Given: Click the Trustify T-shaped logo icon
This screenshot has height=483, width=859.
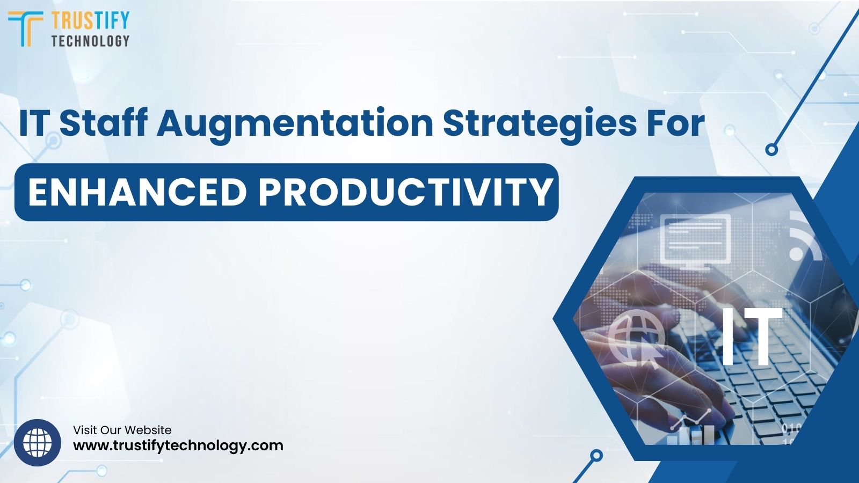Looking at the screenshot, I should (x=25, y=28).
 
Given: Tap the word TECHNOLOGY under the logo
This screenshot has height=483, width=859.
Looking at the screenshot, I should (x=90, y=41).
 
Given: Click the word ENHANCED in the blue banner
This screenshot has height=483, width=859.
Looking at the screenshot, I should (x=137, y=192).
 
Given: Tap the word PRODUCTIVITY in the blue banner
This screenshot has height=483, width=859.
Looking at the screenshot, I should (x=405, y=192).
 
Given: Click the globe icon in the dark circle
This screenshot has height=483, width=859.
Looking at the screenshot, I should (x=38, y=443).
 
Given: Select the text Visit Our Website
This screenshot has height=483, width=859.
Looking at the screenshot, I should (x=122, y=430).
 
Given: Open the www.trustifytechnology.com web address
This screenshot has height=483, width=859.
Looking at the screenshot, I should (x=178, y=445).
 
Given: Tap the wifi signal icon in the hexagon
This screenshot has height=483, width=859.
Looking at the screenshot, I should (x=804, y=236).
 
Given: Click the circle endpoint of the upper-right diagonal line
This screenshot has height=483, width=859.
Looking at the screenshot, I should (x=771, y=150).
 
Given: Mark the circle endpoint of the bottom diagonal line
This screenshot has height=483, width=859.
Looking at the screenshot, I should (x=595, y=456).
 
